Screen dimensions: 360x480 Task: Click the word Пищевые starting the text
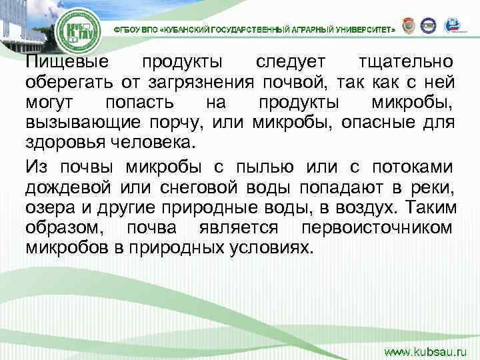(x=66, y=63)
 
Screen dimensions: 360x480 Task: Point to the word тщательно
(x=407, y=63)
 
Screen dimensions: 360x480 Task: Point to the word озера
(x=45, y=207)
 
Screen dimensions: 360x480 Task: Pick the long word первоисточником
(x=377, y=228)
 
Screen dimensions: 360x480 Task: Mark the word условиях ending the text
(x=271, y=249)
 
